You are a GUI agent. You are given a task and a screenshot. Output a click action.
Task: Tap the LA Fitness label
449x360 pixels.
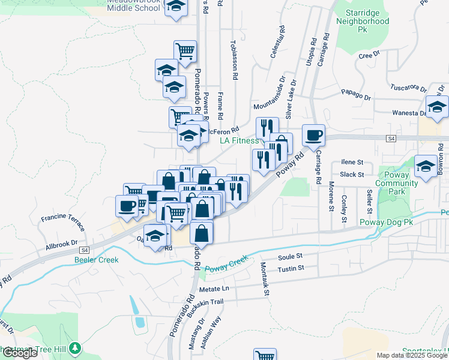pos(239,140)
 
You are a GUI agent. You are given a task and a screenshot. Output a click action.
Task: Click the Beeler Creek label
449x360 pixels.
pos(97,260)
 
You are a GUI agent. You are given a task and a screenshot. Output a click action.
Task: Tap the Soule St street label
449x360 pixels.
pos(290,256)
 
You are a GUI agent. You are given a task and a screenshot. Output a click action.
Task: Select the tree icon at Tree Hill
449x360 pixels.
pos(76,347)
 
